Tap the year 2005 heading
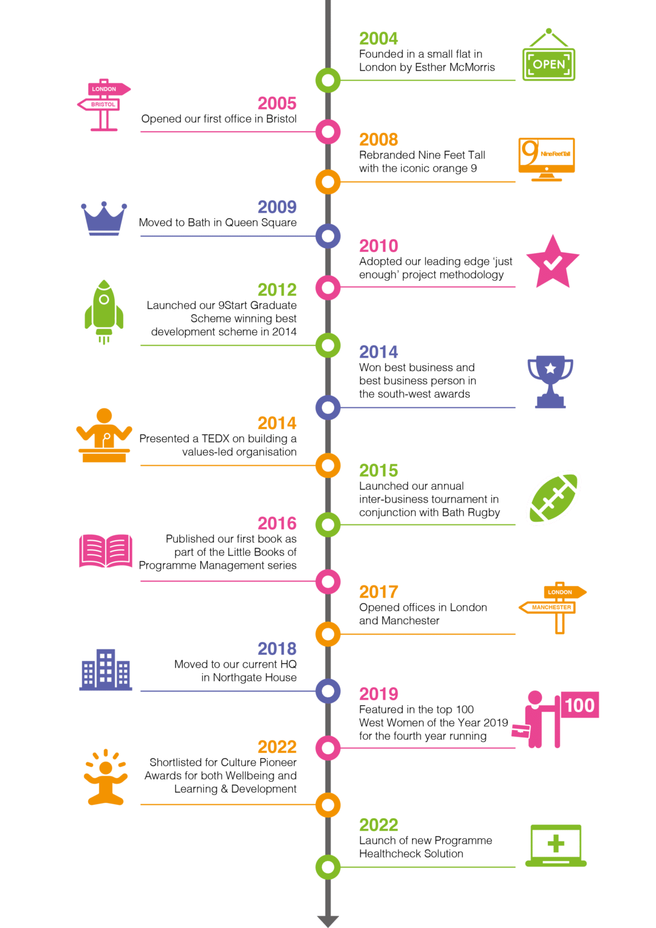pos(277,103)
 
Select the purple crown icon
pos(104,219)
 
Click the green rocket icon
pos(104,312)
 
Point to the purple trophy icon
pos(550,382)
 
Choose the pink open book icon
pos(106,550)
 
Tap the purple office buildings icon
pos(106,669)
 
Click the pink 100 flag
pos(579,704)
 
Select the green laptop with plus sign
pos(556,846)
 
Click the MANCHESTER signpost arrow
pos(547,607)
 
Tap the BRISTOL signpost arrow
pos(99,105)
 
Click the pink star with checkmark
pos(553,262)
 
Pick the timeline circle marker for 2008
pos(328,182)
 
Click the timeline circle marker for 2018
pos(328,691)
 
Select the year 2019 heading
pos(379,694)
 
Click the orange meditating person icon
pos(106,778)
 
